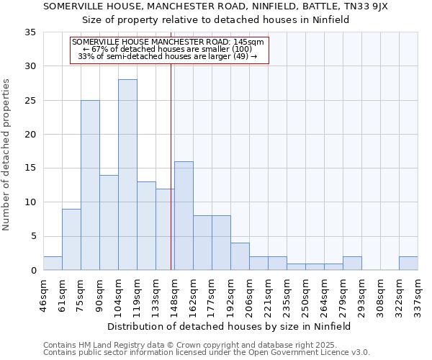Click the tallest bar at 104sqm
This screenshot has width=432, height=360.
tap(127, 175)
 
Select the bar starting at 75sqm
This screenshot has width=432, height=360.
tap(90, 185)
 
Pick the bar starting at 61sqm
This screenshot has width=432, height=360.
tap(71, 240)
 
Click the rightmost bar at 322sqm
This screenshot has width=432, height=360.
tap(408, 264)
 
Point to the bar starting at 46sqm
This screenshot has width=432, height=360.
tap(53, 264)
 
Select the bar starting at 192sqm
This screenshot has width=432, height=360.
tap(240, 257)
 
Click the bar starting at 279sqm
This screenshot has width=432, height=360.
tap(352, 264)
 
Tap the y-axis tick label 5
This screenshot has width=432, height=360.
tap(32, 236)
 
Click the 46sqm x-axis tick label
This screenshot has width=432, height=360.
tap(44, 294)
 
